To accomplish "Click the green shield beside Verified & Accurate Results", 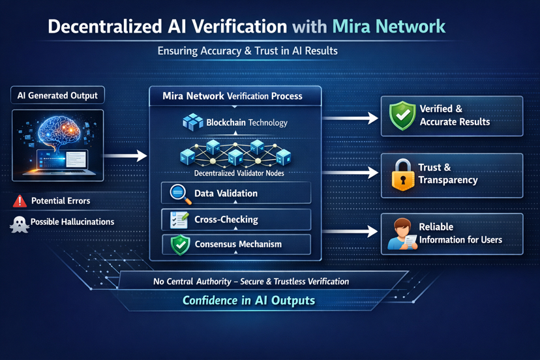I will (402, 116).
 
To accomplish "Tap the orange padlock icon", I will (402, 174).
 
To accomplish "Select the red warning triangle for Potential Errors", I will (20, 201).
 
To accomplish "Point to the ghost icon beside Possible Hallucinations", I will (18, 224).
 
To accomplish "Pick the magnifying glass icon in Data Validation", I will (179, 194).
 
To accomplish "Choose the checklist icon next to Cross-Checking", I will (179, 220).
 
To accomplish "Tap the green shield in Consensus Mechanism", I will (179, 245).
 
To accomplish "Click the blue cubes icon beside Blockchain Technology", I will (192, 122).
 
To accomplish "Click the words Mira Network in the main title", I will (389, 27).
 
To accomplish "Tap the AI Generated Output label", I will (58, 95).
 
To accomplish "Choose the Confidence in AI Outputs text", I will (248, 301).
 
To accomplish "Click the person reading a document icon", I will (401, 234).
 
